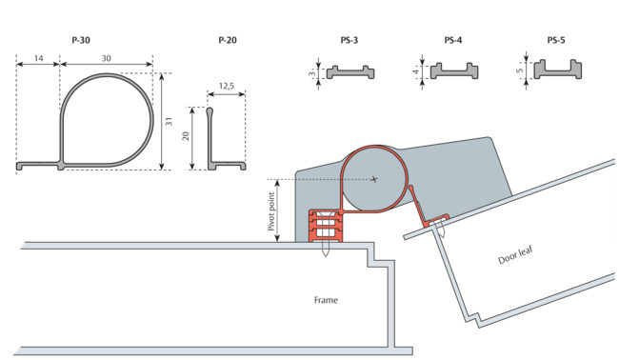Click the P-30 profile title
(x=81, y=40)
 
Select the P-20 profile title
(x=228, y=40)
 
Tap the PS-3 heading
(x=349, y=40)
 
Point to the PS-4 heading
(x=453, y=40)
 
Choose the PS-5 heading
(x=556, y=40)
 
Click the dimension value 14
(x=38, y=58)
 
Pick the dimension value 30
(x=107, y=58)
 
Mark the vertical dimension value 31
(x=169, y=121)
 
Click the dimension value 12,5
(x=227, y=86)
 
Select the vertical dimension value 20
(x=186, y=136)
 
